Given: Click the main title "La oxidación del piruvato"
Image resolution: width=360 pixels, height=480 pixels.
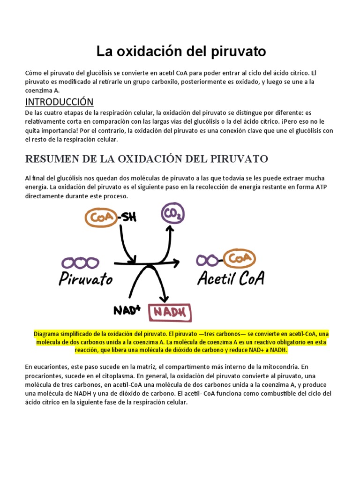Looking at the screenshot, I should (181, 52).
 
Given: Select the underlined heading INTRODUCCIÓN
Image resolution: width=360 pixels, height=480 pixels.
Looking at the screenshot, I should (59, 102).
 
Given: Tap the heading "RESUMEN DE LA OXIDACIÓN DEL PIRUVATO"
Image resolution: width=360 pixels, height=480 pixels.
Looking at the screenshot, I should (146, 159).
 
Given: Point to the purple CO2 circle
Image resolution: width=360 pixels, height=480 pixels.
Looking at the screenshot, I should (172, 214).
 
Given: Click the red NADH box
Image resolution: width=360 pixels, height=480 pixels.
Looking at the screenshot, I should (170, 312).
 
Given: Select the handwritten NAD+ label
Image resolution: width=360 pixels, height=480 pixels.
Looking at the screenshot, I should (127, 310).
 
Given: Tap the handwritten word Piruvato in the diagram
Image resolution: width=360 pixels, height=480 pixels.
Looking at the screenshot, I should (86, 279).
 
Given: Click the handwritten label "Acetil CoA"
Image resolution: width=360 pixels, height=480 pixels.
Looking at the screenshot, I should (231, 278).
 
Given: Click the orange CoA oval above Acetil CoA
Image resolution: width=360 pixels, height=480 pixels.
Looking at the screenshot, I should (239, 259).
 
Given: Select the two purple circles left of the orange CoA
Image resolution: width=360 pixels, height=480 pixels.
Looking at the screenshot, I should (208, 259).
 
